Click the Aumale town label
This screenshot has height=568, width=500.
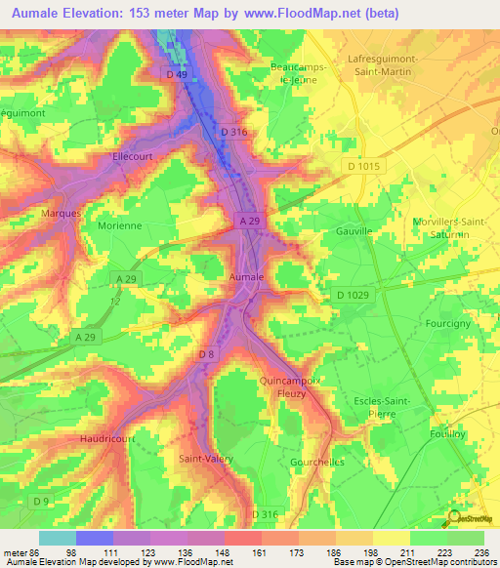[246, 278]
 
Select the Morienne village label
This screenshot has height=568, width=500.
[120, 225]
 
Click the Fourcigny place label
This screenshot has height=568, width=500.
[449, 322]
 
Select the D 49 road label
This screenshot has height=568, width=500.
[177, 74]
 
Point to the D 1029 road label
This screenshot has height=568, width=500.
[354, 295]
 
